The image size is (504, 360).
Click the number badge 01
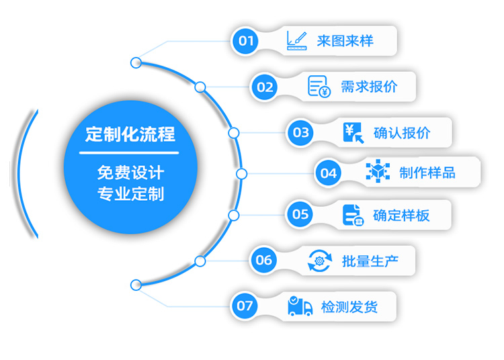[x=247, y=41]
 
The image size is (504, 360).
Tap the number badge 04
[x=329, y=173]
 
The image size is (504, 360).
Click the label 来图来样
[x=345, y=41]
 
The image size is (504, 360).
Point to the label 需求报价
[x=368, y=87]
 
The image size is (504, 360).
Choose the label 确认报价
[x=402, y=132]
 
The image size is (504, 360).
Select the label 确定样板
[x=401, y=215]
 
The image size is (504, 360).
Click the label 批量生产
[x=370, y=261]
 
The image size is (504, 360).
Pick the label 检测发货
[x=349, y=307]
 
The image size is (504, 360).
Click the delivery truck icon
[x=300, y=306]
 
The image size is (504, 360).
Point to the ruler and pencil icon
[x=296, y=40]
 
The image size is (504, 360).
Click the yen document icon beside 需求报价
[x=319, y=86]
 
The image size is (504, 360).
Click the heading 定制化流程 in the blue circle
[x=130, y=134]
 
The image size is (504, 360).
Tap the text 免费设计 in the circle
[x=130, y=173]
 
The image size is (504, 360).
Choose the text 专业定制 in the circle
[x=130, y=195]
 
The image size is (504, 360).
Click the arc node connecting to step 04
[x=242, y=173]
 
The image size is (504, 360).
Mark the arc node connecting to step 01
[x=136, y=63]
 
